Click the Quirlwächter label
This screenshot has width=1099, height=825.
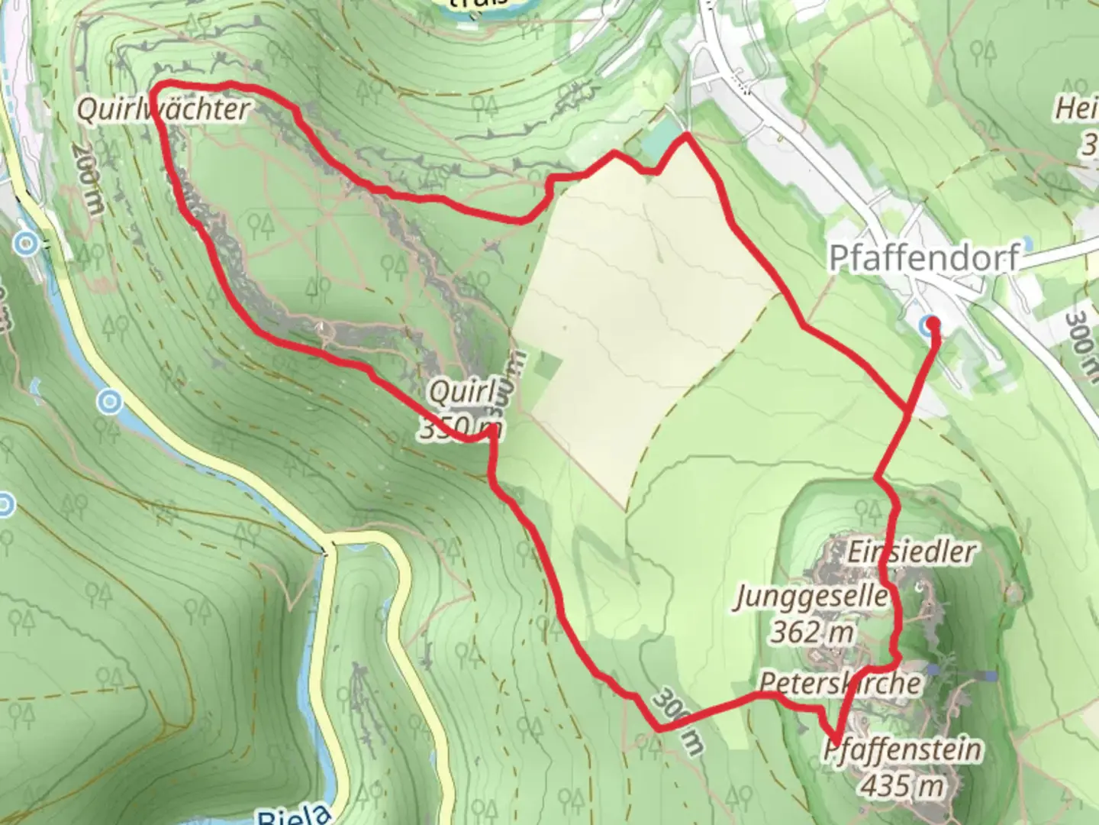pyautogui.click(x=163, y=110)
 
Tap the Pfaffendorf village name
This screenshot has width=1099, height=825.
pyautogui.click(x=924, y=258)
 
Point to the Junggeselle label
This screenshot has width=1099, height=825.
pyautogui.click(x=812, y=597)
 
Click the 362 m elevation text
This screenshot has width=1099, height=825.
pyautogui.click(x=811, y=632)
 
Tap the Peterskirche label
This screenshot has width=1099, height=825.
pyautogui.click(x=840, y=682)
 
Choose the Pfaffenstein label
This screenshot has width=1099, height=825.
pyautogui.click(x=902, y=749)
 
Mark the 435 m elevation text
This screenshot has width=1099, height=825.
pyautogui.click(x=902, y=785)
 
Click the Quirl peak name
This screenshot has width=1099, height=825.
pyautogui.click(x=462, y=393)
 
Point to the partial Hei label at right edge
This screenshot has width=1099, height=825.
pyautogui.click(x=1076, y=108)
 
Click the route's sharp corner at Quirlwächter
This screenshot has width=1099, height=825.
pyautogui.click(x=155, y=87)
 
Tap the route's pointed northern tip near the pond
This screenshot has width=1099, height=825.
pyautogui.click(x=687, y=135)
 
